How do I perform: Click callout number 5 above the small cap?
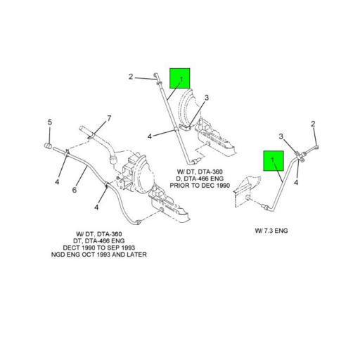(50, 122)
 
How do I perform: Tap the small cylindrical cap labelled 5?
(49, 146)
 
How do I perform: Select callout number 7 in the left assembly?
(109, 119)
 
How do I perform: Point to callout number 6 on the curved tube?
(75, 190)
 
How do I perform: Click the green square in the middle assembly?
(180, 79)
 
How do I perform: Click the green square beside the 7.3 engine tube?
(274, 161)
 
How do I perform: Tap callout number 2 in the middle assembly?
(131, 77)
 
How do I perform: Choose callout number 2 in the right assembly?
(313, 124)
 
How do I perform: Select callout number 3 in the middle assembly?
(207, 98)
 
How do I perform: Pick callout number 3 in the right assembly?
(281, 136)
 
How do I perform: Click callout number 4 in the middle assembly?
(150, 136)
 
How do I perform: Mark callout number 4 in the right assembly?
(296, 182)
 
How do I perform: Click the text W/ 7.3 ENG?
(271, 231)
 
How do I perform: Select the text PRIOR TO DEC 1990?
(200, 186)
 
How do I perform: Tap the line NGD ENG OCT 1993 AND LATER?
(99, 255)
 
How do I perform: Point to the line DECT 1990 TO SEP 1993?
(99, 247)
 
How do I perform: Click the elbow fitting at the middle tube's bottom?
(193, 162)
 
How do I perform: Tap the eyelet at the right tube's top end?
(316, 147)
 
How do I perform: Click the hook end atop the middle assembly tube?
(156, 76)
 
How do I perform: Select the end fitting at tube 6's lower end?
(138, 221)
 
